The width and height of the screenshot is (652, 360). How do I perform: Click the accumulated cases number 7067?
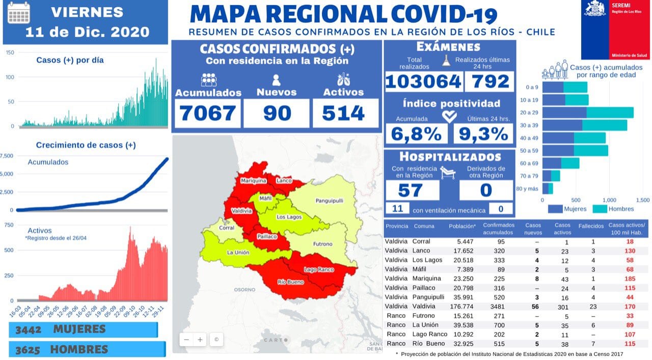pyautogui.click(x=208, y=113)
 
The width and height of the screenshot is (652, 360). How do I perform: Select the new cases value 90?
pyautogui.click(x=277, y=113)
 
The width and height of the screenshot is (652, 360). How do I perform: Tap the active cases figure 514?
pyautogui.click(x=346, y=113)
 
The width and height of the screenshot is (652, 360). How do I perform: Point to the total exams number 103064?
pyautogui.click(x=423, y=82)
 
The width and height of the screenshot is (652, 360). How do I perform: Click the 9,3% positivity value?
pyautogui.click(x=483, y=134)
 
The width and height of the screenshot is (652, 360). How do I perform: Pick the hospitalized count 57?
pyautogui.click(x=411, y=190)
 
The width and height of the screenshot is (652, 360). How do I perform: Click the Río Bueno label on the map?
pyautogui.click(x=291, y=282)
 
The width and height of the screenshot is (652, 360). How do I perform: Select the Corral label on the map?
pyautogui.click(x=226, y=228)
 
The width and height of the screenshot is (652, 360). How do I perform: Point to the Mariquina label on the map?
pyautogui.click(x=253, y=181)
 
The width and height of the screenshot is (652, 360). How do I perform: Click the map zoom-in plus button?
pyautogui.click(x=200, y=340)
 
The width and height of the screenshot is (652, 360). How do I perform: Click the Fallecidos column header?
pyautogui.click(x=591, y=226)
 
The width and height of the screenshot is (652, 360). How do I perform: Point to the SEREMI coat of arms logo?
pyautogui.click(x=595, y=9)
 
